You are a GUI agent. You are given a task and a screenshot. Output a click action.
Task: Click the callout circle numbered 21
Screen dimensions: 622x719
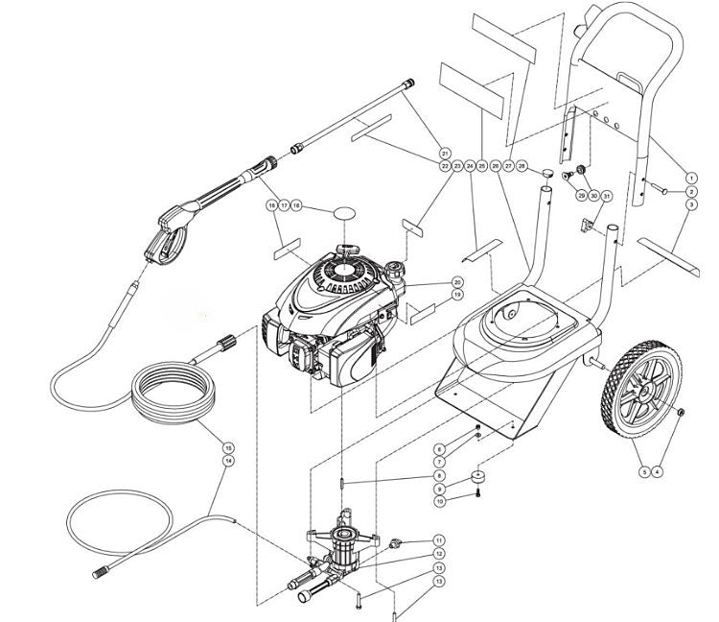pos(445,154)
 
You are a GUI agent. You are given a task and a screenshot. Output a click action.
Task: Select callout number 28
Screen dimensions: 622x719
pos(522,167)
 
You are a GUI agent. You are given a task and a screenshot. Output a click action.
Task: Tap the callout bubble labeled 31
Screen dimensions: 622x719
pos(607,196)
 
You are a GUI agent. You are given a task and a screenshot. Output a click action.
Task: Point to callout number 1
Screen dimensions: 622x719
pos(691,177)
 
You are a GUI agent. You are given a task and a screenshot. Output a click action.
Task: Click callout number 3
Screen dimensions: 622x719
pos(691,206)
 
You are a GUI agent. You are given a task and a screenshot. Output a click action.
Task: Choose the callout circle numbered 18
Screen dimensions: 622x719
pos(296,206)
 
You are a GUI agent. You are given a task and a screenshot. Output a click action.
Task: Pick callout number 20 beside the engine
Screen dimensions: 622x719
pos(457,282)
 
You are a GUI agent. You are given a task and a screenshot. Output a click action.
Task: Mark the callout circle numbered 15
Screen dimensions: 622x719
pos(227,447)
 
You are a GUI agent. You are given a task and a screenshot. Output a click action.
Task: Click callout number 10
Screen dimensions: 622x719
pos(439,501)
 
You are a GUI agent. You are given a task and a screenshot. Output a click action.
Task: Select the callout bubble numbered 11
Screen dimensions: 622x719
pos(439,540)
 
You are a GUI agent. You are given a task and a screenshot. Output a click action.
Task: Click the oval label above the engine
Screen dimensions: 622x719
pos(347,209)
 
